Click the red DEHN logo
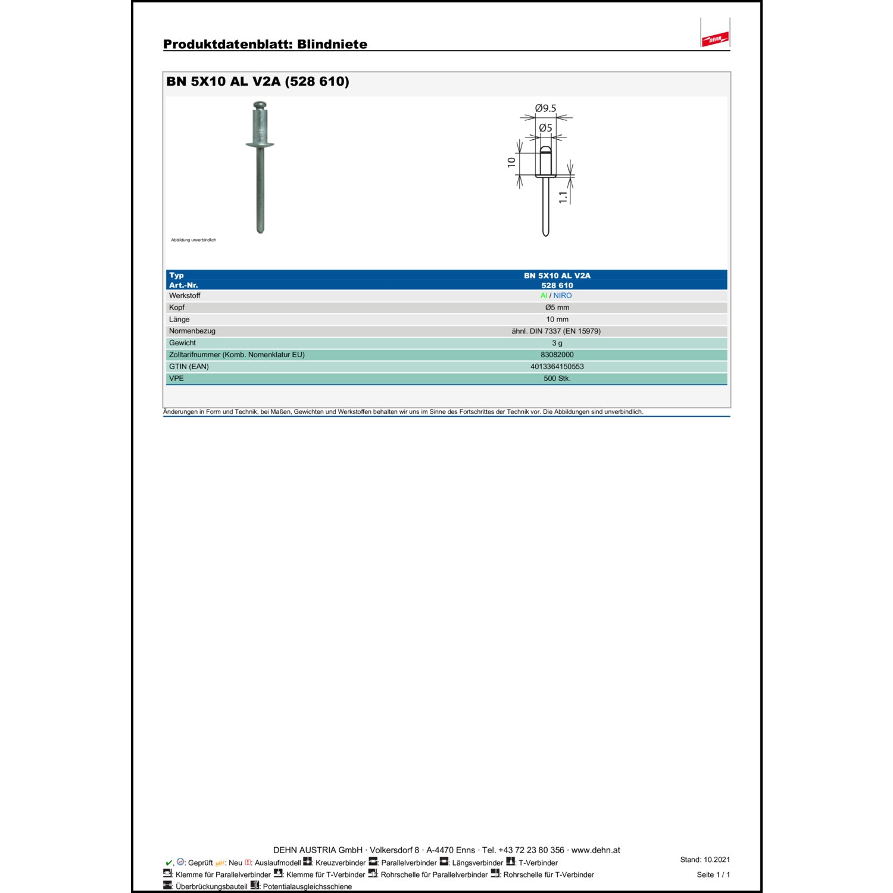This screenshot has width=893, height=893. [715, 39]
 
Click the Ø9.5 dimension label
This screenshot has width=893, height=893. [545, 108]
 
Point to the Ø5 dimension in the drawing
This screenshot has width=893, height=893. [545, 128]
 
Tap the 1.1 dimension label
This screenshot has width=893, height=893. [563, 197]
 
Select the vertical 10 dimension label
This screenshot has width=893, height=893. [511, 162]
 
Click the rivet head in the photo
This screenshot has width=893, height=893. [260, 106]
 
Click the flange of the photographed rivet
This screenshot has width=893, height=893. [260, 144]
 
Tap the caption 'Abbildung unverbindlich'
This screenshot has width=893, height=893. [193, 240]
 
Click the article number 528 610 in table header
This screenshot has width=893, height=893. [557, 285]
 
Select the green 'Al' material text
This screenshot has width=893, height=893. [544, 295]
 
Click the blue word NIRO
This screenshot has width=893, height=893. [563, 295]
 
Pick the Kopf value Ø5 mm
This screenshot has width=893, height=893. [557, 307]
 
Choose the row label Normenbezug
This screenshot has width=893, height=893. [192, 331]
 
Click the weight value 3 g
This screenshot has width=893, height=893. [557, 343]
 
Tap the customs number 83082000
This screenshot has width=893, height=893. [557, 355]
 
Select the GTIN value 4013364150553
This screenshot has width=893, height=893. [557, 367]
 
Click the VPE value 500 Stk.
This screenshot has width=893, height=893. [557, 379]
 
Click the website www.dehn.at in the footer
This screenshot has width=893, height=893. [595, 850]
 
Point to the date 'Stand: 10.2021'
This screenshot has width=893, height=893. [705, 860]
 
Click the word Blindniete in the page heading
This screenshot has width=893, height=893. [332, 44]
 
